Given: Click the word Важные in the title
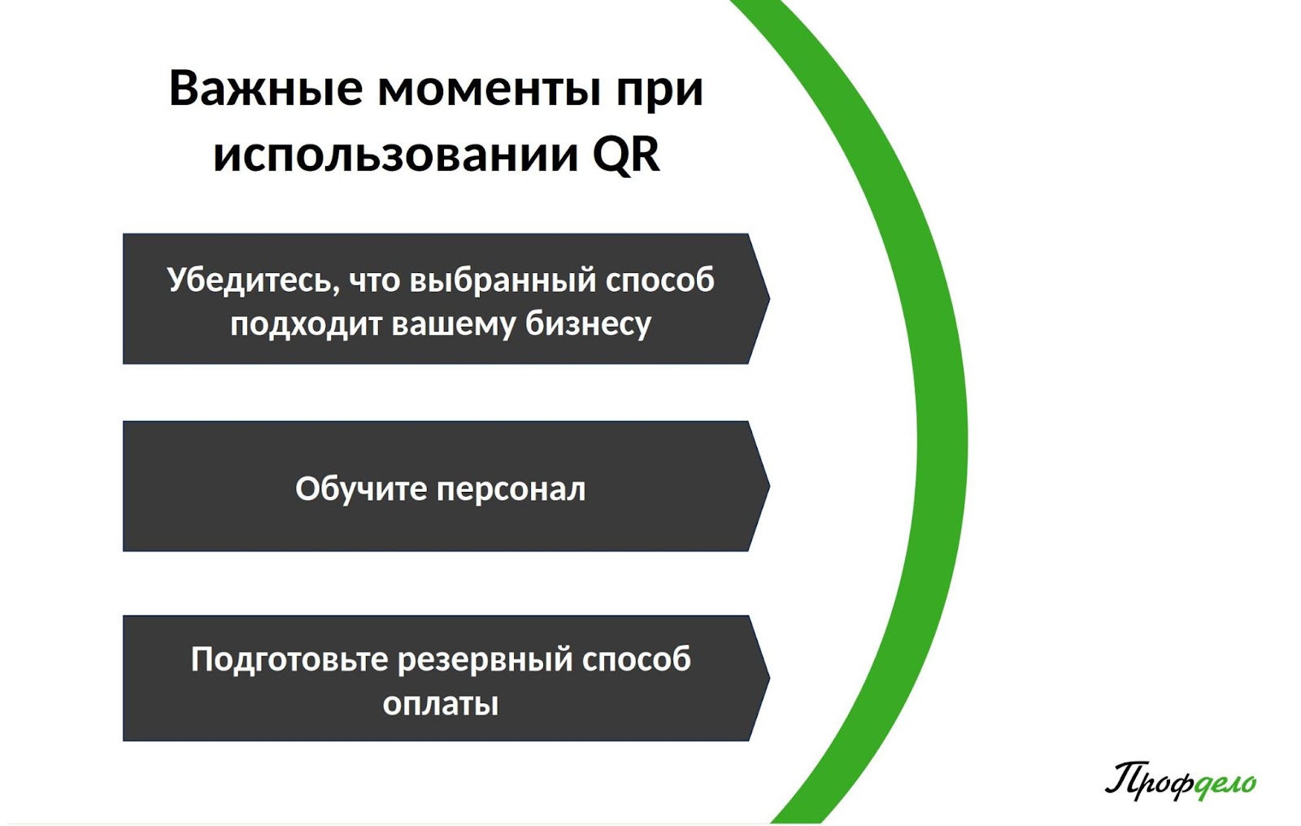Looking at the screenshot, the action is pyautogui.click(x=266, y=89).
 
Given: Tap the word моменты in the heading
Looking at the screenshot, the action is pyautogui.click(x=490, y=89).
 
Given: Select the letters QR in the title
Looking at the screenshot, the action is pyautogui.click(x=626, y=154).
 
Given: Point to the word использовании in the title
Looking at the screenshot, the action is pyautogui.click(x=396, y=155).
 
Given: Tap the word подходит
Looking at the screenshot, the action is pyautogui.click(x=307, y=324).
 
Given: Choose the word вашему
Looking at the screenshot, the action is pyautogui.click(x=453, y=324).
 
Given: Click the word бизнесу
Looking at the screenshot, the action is pyautogui.click(x=588, y=324).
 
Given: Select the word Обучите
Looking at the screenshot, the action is pyautogui.click(x=361, y=489).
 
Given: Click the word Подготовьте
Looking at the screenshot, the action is pyautogui.click(x=289, y=660).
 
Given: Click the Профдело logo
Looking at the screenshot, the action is pyautogui.click(x=1180, y=781).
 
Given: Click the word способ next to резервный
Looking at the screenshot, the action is pyautogui.click(x=637, y=659).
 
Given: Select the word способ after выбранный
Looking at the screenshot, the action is pyautogui.click(x=659, y=280).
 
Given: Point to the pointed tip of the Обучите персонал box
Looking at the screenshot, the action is pyautogui.click(x=769, y=486).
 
